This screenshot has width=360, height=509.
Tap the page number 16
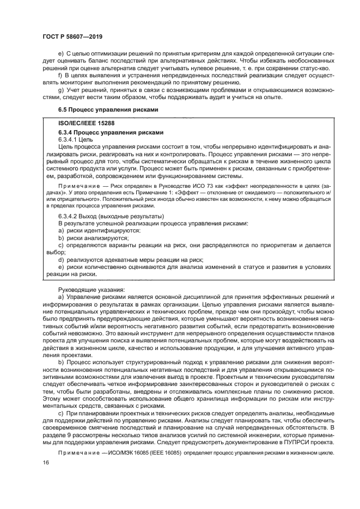[x=46, y=462]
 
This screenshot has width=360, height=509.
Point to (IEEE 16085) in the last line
[x=155, y=450]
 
